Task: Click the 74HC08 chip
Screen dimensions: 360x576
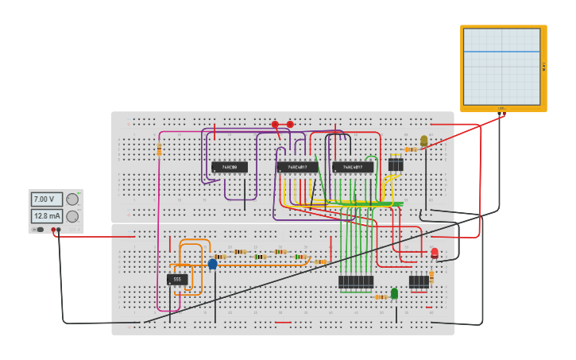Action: tap(229, 167)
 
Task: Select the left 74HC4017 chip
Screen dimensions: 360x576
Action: tap(297, 167)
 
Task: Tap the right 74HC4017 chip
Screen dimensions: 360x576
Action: tap(353, 167)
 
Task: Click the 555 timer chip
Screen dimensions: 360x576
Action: tap(177, 279)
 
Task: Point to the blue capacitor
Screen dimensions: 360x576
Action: tap(212, 264)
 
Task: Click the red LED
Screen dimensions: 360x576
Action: tap(434, 253)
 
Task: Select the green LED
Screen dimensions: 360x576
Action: tap(394, 293)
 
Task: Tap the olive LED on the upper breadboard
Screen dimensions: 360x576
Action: tap(423, 140)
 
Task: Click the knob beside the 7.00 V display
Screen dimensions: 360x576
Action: tap(72, 199)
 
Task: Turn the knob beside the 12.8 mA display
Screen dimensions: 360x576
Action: tap(72, 216)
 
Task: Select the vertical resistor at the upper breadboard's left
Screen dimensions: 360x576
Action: tap(159, 149)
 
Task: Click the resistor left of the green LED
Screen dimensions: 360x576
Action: tap(381, 297)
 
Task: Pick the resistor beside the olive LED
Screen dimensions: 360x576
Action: tap(410, 149)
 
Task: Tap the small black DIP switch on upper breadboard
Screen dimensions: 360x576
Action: tap(395, 165)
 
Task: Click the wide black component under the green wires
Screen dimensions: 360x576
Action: tap(355, 281)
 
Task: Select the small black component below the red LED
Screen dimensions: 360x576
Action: tap(418, 281)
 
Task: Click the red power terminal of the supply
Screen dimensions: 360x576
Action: tap(53, 230)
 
